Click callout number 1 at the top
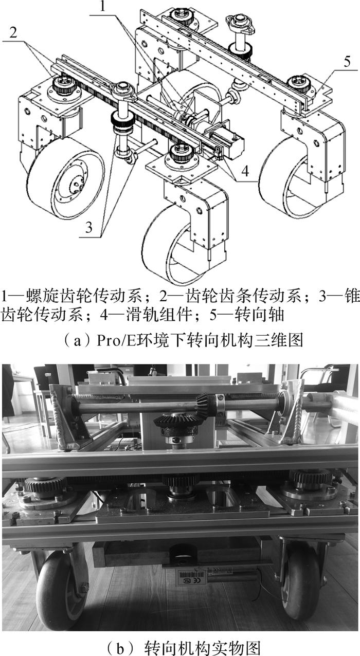point(102,7)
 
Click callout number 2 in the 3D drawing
point(13,33)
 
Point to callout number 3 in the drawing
point(89,227)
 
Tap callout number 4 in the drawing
point(245,171)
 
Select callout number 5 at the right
point(347,62)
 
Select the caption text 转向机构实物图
point(203,647)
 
